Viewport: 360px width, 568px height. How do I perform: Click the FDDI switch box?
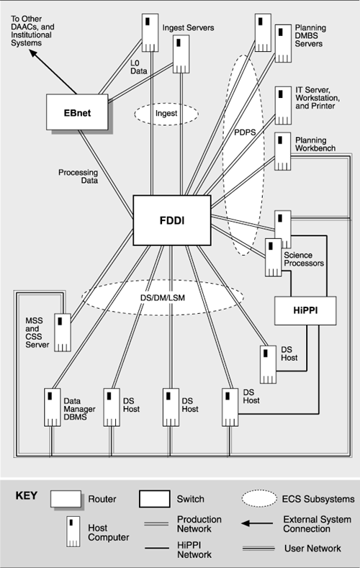[x=172, y=218]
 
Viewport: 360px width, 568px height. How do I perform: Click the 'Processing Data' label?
[x=79, y=176]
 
